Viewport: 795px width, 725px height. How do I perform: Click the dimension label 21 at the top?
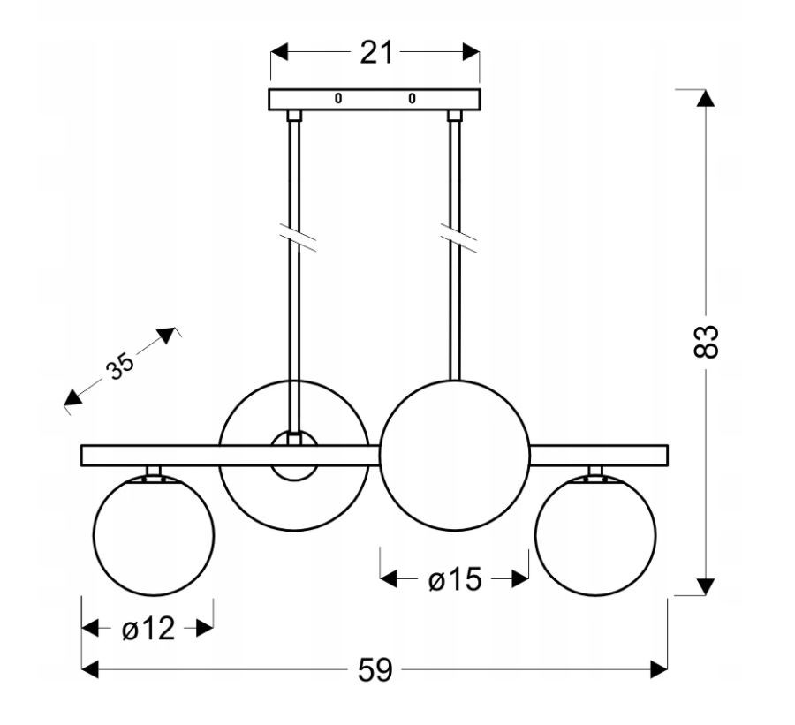point(376,52)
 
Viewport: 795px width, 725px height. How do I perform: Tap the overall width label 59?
point(375,669)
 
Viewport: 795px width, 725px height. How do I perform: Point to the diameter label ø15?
point(455,579)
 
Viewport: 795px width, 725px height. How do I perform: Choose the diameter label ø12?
point(148,629)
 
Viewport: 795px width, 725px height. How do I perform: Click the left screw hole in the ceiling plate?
point(338,98)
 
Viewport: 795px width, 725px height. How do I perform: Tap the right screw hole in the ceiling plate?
point(412,98)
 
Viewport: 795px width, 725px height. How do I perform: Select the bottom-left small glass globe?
point(154,535)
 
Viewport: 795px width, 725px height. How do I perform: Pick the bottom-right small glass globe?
point(595,535)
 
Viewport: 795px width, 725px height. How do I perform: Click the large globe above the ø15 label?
point(455,456)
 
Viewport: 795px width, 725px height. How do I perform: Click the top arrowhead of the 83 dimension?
point(705,98)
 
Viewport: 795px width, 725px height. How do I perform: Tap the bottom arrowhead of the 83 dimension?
point(705,586)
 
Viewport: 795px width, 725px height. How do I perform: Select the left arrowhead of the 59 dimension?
point(90,669)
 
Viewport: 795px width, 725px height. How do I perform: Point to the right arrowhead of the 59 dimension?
point(659,669)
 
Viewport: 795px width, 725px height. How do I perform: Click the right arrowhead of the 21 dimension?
point(471,52)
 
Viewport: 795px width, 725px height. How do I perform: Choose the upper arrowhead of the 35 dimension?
point(166,335)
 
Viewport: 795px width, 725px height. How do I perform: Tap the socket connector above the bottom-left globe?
point(154,472)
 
